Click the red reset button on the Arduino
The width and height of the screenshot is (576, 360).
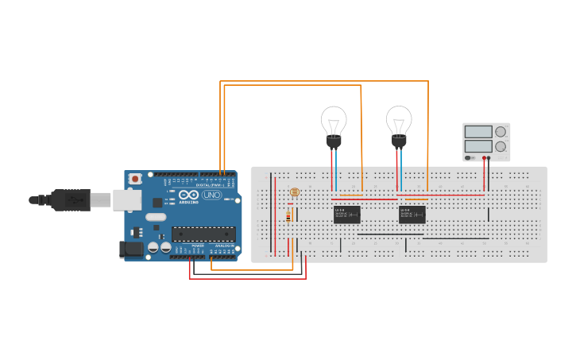tap(135, 180)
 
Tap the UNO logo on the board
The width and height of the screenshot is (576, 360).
tap(212, 195)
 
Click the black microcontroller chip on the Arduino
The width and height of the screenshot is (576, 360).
tap(203, 234)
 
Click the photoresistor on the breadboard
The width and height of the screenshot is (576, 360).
tap(295, 192)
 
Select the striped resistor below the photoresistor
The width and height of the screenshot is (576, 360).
tap(288, 217)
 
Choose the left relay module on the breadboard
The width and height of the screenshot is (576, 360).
tap(347, 215)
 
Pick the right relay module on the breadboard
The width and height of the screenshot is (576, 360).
tap(412, 215)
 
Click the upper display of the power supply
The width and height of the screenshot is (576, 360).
tap(478, 132)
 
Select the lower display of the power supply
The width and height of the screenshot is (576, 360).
tap(478, 146)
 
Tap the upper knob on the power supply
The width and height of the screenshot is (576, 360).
tap(501, 132)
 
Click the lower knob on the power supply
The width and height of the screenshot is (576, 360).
tap(501, 146)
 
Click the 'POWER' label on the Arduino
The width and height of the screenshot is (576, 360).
tap(197, 246)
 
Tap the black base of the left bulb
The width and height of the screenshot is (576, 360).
tap(334, 142)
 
